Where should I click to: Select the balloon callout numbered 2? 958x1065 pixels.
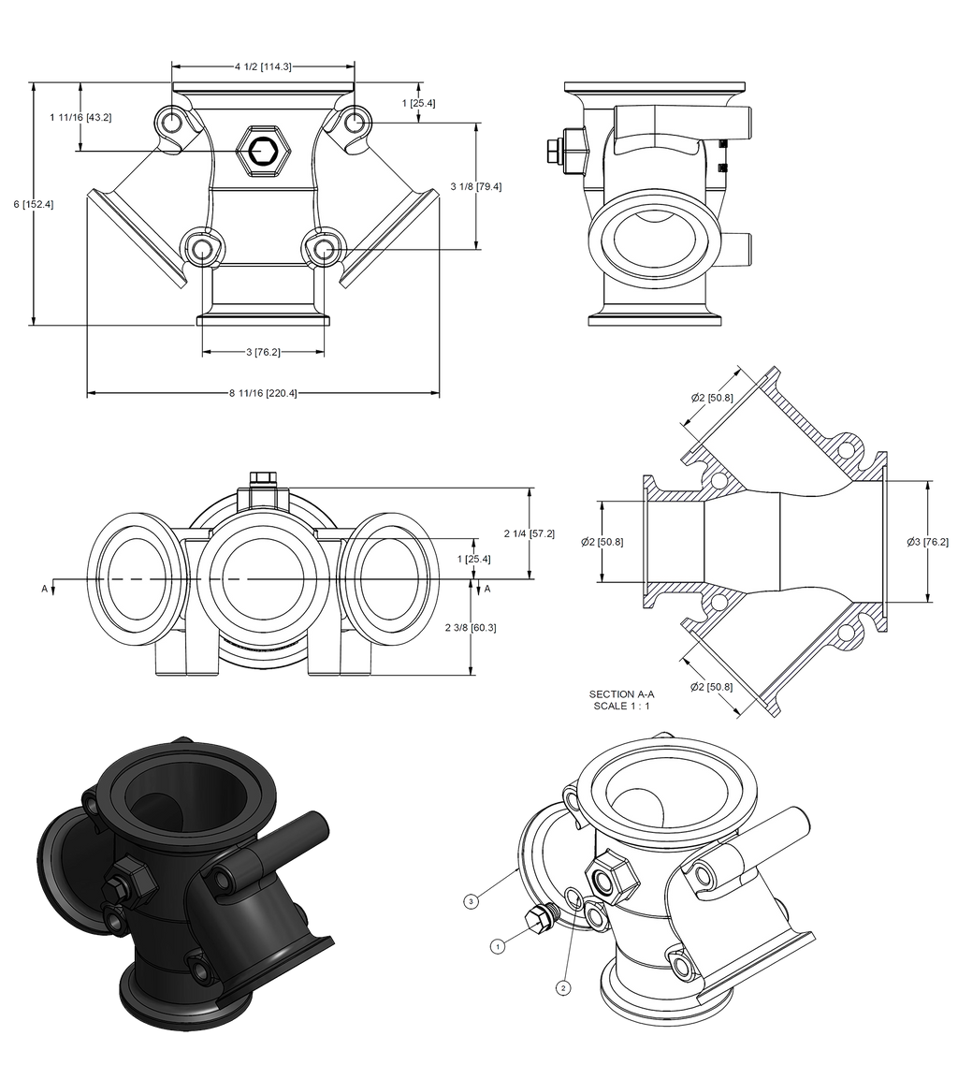click(563, 986)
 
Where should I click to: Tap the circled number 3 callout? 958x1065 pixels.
click(472, 900)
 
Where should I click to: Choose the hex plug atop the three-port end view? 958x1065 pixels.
click(263, 478)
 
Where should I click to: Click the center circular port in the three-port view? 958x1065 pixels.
click(263, 577)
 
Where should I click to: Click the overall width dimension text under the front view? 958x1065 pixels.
click(263, 394)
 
